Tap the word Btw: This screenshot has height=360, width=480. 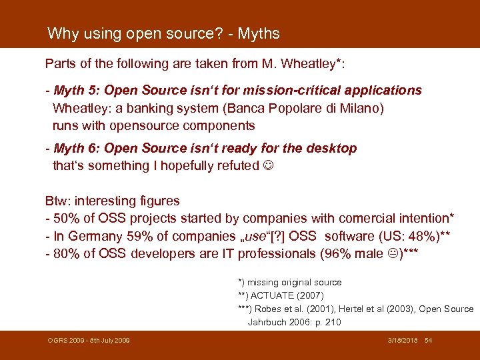tap(57, 201)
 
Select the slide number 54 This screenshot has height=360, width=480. tap(429, 341)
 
